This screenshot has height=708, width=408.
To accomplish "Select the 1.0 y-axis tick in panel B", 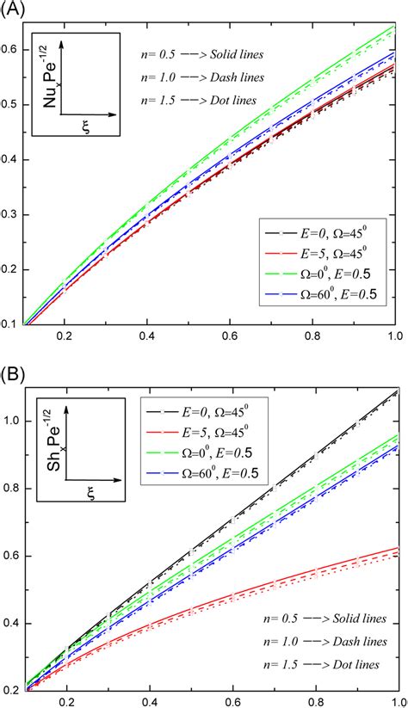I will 14,422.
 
